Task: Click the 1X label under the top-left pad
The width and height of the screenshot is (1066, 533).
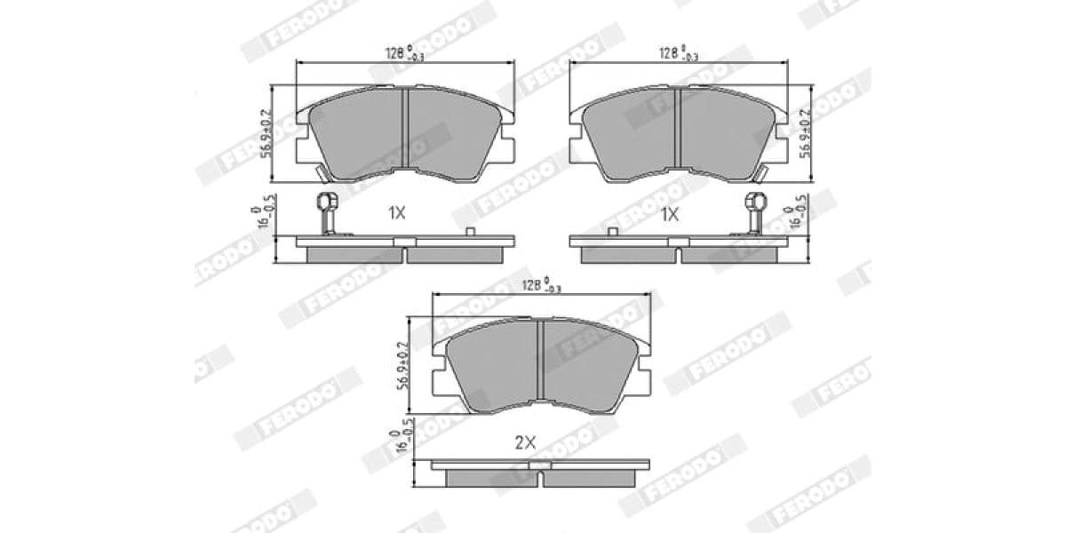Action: click(x=396, y=213)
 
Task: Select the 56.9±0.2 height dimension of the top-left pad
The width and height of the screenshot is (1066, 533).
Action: click(x=266, y=133)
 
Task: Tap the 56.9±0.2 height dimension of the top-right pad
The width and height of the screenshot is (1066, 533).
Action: click(x=805, y=133)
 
